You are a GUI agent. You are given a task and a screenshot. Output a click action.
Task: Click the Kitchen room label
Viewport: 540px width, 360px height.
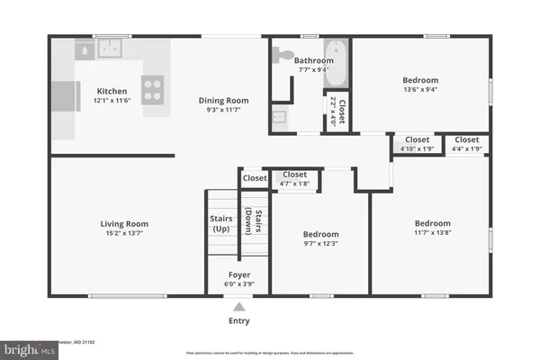[x=112, y=91]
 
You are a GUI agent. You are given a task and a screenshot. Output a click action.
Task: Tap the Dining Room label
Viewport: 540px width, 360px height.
[x=223, y=100]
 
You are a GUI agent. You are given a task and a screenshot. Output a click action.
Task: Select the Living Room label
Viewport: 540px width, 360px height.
[x=124, y=224]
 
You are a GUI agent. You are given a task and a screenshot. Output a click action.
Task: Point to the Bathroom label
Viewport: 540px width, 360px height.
[x=314, y=61]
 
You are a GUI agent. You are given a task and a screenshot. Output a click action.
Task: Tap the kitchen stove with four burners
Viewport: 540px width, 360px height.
[x=153, y=88]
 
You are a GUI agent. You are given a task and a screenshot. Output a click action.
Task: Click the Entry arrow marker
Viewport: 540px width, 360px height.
[x=238, y=307]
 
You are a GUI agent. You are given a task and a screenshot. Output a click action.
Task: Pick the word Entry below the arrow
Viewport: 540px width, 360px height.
[x=238, y=320]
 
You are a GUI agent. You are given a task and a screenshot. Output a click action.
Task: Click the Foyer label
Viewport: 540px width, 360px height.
[x=238, y=274]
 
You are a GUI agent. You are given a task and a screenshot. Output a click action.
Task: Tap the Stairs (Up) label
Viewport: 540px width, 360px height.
[x=221, y=224]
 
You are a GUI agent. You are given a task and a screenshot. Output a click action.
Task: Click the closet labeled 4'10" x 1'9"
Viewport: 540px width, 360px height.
[x=417, y=148]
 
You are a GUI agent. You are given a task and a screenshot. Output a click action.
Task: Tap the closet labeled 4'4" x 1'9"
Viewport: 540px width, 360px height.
[x=466, y=148]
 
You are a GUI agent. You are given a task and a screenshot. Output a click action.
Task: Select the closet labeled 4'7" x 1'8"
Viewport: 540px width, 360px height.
[x=294, y=184]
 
